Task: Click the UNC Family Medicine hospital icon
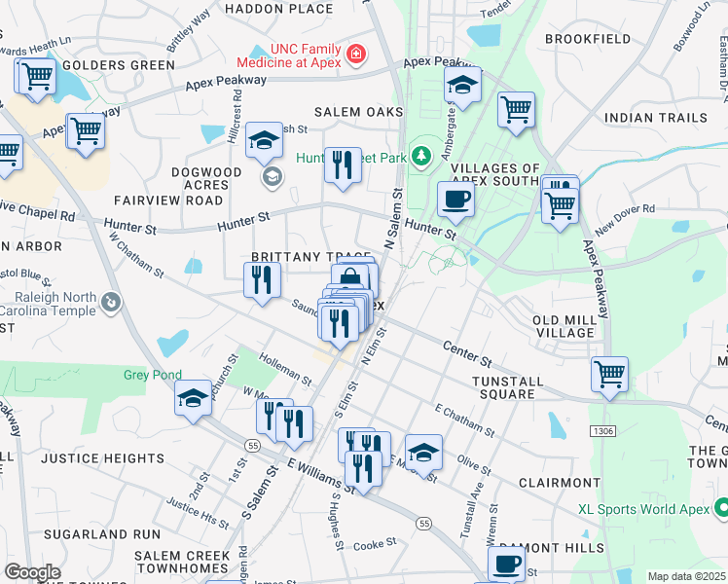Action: (x=356, y=53)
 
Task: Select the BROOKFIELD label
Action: (x=588, y=39)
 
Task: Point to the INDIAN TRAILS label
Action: (x=655, y=118)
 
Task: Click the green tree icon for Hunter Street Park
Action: (x=420, y=155)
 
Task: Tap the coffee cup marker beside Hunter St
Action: (x=455, y=201)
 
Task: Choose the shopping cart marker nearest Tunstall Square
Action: (x=609, y=374)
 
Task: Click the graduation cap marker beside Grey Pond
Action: (x=193, y=397)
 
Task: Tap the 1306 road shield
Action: (x=601, y=429)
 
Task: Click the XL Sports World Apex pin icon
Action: (x=721, y=508)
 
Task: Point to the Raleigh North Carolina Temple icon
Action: (x=112, y=303)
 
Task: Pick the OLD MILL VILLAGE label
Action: (x=564, y=326)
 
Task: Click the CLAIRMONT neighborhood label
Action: (x=560, y=483)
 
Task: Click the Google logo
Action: (x=31, y=572)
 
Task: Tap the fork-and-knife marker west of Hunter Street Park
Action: (x=342, y=165)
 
